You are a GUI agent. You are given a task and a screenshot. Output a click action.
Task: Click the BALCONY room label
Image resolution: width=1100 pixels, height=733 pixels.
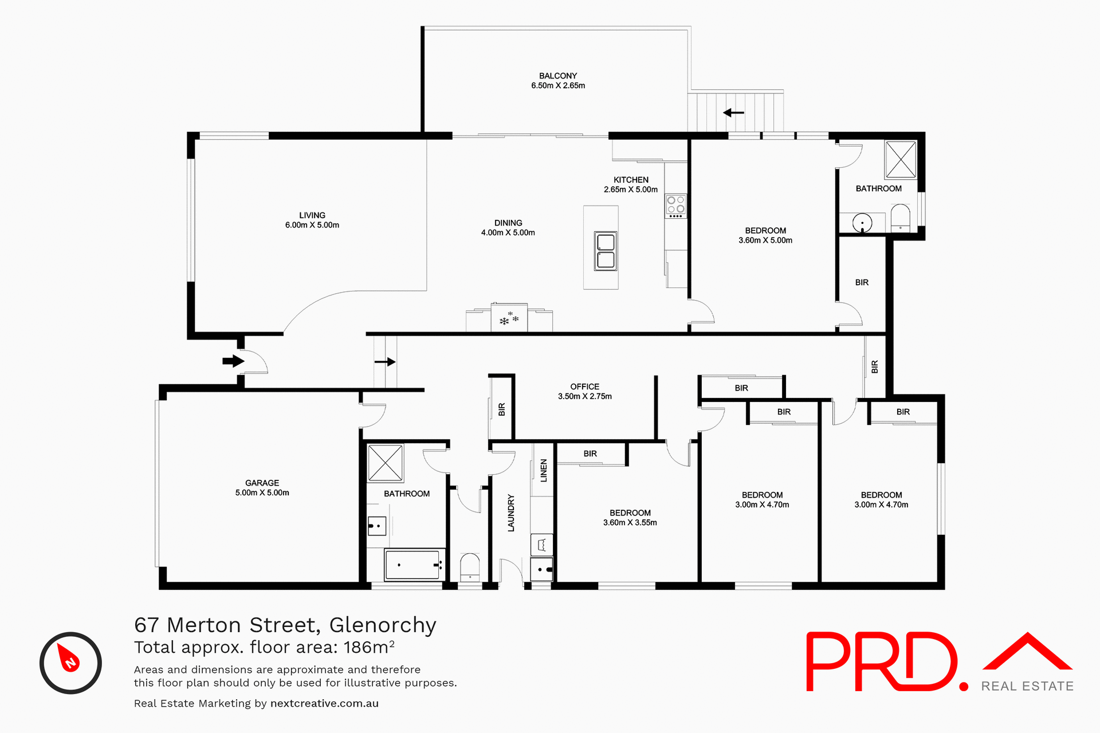557,76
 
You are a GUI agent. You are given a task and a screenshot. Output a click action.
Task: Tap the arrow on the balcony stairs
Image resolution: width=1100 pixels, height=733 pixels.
733,113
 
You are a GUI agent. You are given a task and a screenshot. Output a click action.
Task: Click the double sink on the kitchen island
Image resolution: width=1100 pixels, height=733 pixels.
606,251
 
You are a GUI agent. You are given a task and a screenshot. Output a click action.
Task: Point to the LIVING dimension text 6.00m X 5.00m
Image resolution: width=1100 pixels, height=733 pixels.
312,226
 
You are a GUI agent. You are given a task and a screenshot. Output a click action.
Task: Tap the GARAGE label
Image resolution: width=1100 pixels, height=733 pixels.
262,483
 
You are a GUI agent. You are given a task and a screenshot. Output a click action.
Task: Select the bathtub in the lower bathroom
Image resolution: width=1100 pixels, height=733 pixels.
414,565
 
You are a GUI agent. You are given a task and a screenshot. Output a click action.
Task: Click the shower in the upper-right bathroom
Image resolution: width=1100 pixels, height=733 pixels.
901,160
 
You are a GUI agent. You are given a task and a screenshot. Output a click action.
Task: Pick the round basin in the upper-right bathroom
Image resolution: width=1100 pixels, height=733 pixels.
862,223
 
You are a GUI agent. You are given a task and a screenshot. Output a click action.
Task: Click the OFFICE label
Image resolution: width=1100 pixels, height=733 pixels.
584,387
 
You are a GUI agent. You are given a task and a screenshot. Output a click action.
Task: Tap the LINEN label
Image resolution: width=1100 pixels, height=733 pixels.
544,470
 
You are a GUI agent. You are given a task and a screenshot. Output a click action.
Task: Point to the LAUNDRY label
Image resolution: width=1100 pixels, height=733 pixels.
511,513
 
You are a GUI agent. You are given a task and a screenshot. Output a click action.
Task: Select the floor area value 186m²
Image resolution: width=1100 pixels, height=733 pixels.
369,647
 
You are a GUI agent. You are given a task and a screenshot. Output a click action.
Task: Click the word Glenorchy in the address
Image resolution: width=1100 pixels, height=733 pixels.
383,625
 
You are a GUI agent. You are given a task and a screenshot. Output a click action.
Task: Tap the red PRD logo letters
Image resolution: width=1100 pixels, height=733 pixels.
882,661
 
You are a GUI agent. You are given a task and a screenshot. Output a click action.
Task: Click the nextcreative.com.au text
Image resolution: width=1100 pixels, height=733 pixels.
324,704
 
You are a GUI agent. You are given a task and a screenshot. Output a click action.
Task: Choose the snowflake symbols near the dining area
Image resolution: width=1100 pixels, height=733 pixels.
509,319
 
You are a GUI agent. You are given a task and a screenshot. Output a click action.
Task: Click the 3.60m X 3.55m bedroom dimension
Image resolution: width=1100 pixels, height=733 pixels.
630,523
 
